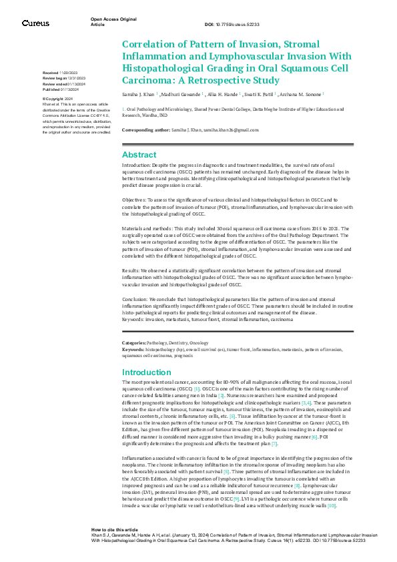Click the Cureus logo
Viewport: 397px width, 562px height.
(x=35, y=23)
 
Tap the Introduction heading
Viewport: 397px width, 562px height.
(x=147, y=372)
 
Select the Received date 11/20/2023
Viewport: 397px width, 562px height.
(x=68, y=71)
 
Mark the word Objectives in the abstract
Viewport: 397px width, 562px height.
(x=135, y=199)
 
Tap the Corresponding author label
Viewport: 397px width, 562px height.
(x=144, y=129)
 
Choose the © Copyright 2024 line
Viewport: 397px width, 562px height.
(x=58, y=98)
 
